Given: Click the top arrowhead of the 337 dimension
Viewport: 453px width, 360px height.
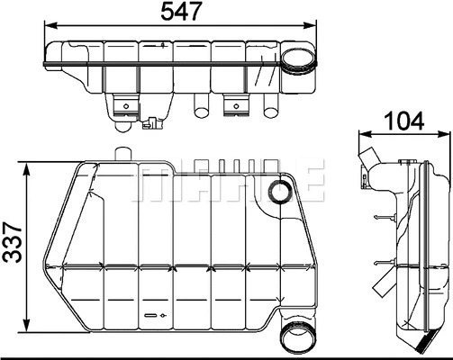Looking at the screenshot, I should pyautogui.click(x=31, y=166).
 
